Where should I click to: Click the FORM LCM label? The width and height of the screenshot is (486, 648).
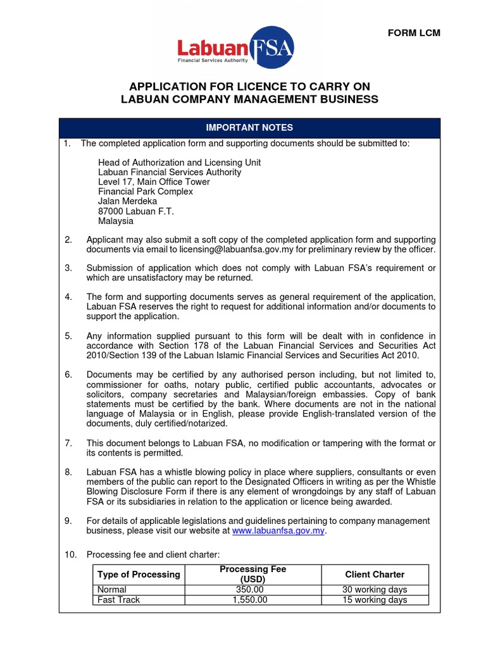click(414, 33)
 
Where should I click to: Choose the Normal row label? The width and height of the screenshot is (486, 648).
click(111, 590)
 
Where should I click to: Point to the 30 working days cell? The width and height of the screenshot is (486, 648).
click(375, 590)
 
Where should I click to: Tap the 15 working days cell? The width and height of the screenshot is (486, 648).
click(375, 600)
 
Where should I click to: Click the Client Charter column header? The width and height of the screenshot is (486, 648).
click(375, 575)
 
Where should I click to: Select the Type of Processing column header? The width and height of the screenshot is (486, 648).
click(139, 575)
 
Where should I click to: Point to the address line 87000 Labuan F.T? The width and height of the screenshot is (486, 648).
click(136, 211)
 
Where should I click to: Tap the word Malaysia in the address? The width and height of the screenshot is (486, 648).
click(116, 221)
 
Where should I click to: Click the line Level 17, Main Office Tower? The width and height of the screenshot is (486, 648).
click(154, 182)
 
